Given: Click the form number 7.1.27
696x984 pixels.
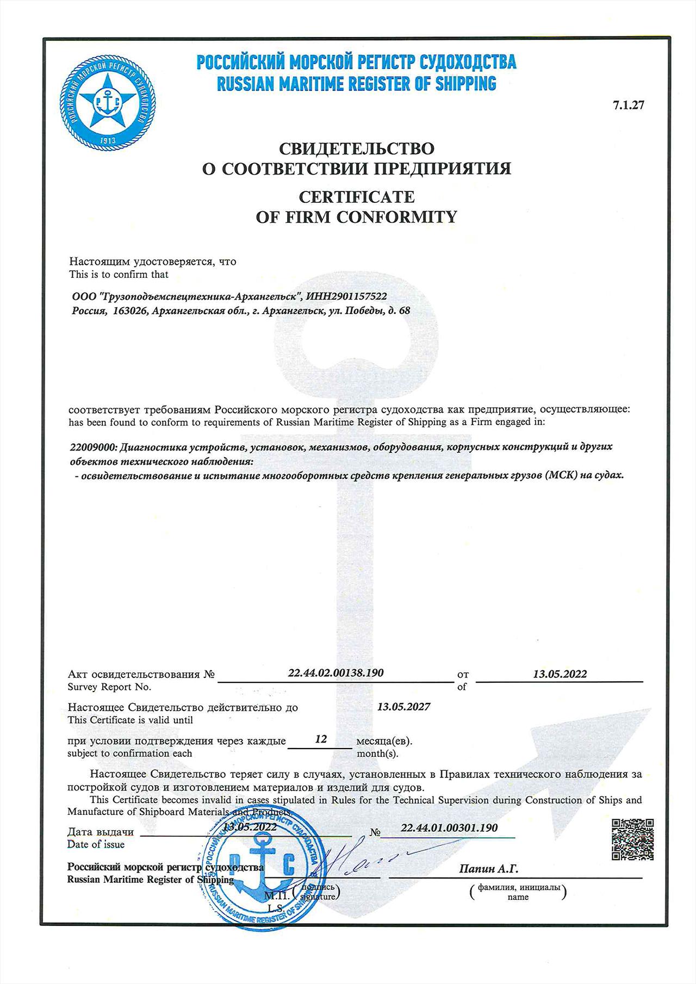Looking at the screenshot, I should (628, 105).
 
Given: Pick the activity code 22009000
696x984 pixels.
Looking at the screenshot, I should (92, 447).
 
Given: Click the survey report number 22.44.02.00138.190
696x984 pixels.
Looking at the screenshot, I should (335, 673).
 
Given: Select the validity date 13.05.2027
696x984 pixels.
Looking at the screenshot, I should (403, 707).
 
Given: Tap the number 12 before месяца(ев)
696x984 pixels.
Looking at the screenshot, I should (321, 739).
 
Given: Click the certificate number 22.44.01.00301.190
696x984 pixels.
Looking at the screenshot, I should (449, 828).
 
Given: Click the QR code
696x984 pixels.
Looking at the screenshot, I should (632, 840).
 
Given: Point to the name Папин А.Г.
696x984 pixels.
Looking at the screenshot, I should (488, 869).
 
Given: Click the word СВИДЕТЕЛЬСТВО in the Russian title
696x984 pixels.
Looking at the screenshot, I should (356, 148).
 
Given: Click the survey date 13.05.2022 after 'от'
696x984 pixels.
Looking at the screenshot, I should (560, 674).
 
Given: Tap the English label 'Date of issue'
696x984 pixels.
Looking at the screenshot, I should (96, 844).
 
